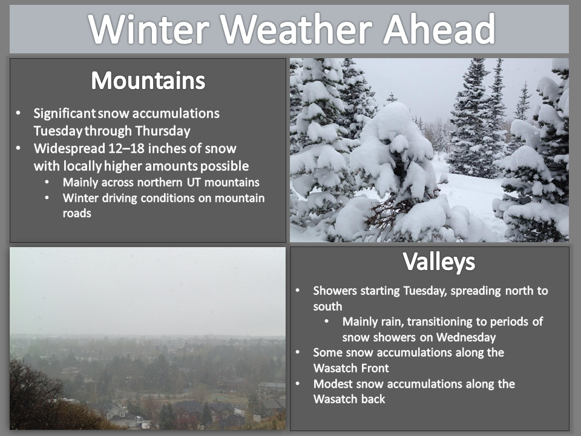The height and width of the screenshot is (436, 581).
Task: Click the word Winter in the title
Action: point(149,29)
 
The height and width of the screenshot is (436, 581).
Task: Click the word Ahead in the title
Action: point(439,28)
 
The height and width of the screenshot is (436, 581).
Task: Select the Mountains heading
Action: point(148,80)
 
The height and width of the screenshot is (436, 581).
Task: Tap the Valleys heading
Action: point(439,262)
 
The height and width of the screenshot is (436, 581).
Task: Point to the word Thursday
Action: point(163,131)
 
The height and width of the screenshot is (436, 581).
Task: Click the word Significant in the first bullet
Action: point(65,113)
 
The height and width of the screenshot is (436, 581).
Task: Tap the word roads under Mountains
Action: point(77,213)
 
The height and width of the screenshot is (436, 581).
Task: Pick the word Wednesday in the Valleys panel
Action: point(466,337)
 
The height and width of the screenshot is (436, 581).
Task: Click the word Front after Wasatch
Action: point(372,368)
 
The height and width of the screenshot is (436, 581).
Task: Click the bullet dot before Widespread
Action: point(19,148)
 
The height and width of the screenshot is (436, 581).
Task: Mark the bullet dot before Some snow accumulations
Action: point(298,352)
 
